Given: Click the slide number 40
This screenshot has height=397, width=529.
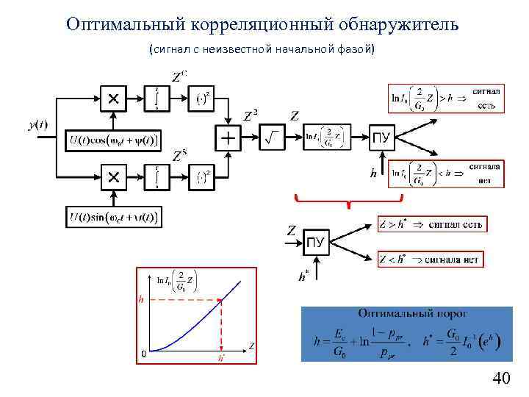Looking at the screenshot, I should (501, 379).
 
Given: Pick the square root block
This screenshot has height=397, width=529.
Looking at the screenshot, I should (272, 137).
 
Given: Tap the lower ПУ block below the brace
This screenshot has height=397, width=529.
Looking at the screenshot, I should (316, 242).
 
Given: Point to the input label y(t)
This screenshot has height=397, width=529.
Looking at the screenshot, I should (37, 125).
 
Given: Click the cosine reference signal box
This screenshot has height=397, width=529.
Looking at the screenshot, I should (113, 140).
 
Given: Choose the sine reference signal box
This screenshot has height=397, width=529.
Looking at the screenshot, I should (113, 217).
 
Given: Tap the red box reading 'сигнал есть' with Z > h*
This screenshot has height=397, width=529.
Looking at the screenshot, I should (432, 224).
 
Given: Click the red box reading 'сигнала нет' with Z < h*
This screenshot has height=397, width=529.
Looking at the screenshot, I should (432, 258).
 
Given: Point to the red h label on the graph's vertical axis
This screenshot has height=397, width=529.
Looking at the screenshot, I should (141, 299).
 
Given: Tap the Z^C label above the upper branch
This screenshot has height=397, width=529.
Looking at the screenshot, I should (179, 76).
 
